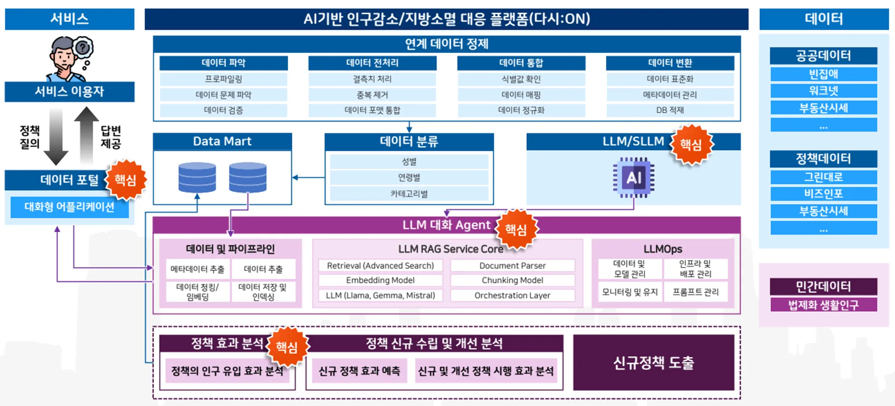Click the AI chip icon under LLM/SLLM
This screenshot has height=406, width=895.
coord(633,178)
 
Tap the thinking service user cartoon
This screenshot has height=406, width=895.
coord(70,59)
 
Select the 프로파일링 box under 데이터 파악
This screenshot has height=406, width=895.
coord(223,79)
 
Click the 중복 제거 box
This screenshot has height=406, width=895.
coord(372,95)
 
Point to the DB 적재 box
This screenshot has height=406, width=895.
coord(670,110)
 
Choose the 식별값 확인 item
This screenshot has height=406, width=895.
coord(521,79)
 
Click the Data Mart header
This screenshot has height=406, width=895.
coord(222,141)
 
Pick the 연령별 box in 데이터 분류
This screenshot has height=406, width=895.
coord(409,178)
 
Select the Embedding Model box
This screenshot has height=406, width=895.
coord(380,280)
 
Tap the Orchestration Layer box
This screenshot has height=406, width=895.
coord(512,295)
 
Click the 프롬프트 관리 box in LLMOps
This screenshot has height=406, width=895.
coord(695,292)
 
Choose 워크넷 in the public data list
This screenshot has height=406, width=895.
coord(823,90)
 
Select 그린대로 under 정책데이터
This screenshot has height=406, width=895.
coord(823,177)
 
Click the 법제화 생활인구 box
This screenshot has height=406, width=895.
coord(823,305)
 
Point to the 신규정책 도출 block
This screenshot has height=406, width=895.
coord(654,362)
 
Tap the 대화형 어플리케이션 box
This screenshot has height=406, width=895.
coord(69,206)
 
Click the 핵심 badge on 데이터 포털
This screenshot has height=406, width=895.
coord(125,180)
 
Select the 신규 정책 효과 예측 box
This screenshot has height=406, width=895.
coord(359,371)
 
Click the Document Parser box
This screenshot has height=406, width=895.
coord(512,266)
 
